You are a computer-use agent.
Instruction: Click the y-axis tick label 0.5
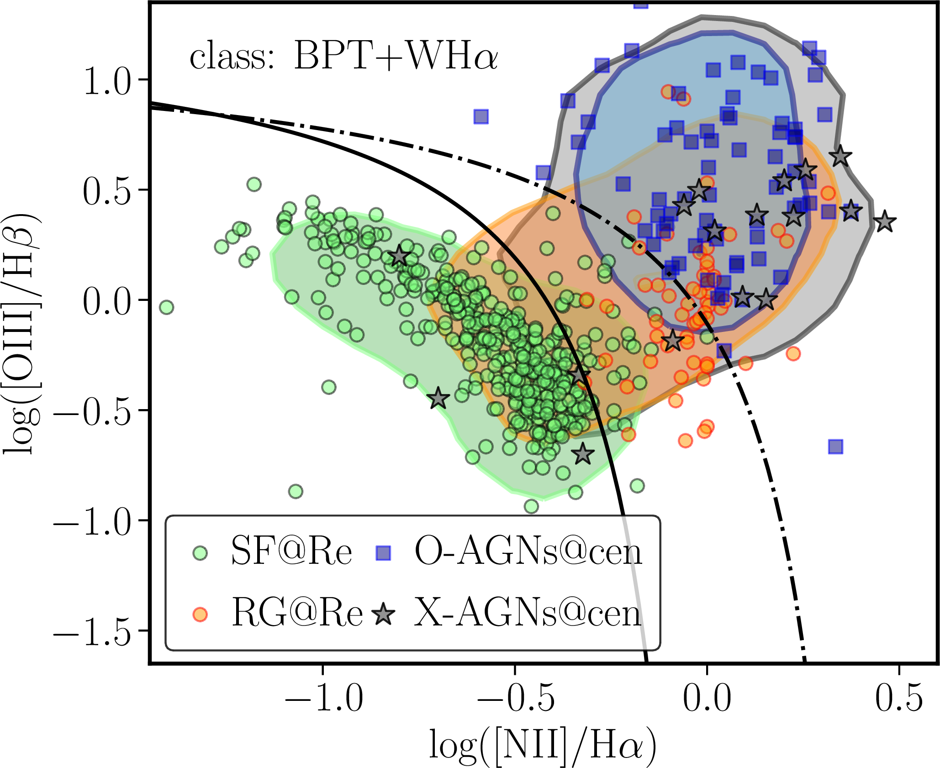click(x=107, y=192)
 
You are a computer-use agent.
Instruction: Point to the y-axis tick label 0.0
click(x=107, y=302)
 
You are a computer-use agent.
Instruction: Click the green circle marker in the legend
click(x=200, y=553)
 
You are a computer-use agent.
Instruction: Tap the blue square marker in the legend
click(x=383, y=553)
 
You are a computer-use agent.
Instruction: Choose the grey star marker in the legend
click(x=384, y=615)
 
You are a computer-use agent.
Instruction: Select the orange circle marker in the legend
click(x=200, y=615)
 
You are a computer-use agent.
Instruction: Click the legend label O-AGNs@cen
click(x=528, y=552)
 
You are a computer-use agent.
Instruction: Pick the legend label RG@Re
click(x=297, y=613)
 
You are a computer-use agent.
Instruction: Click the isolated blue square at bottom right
click(x=835, y=447)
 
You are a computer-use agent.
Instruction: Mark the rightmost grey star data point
click(x=885, y=222)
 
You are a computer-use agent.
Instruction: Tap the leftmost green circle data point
click(x=167, y=307)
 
